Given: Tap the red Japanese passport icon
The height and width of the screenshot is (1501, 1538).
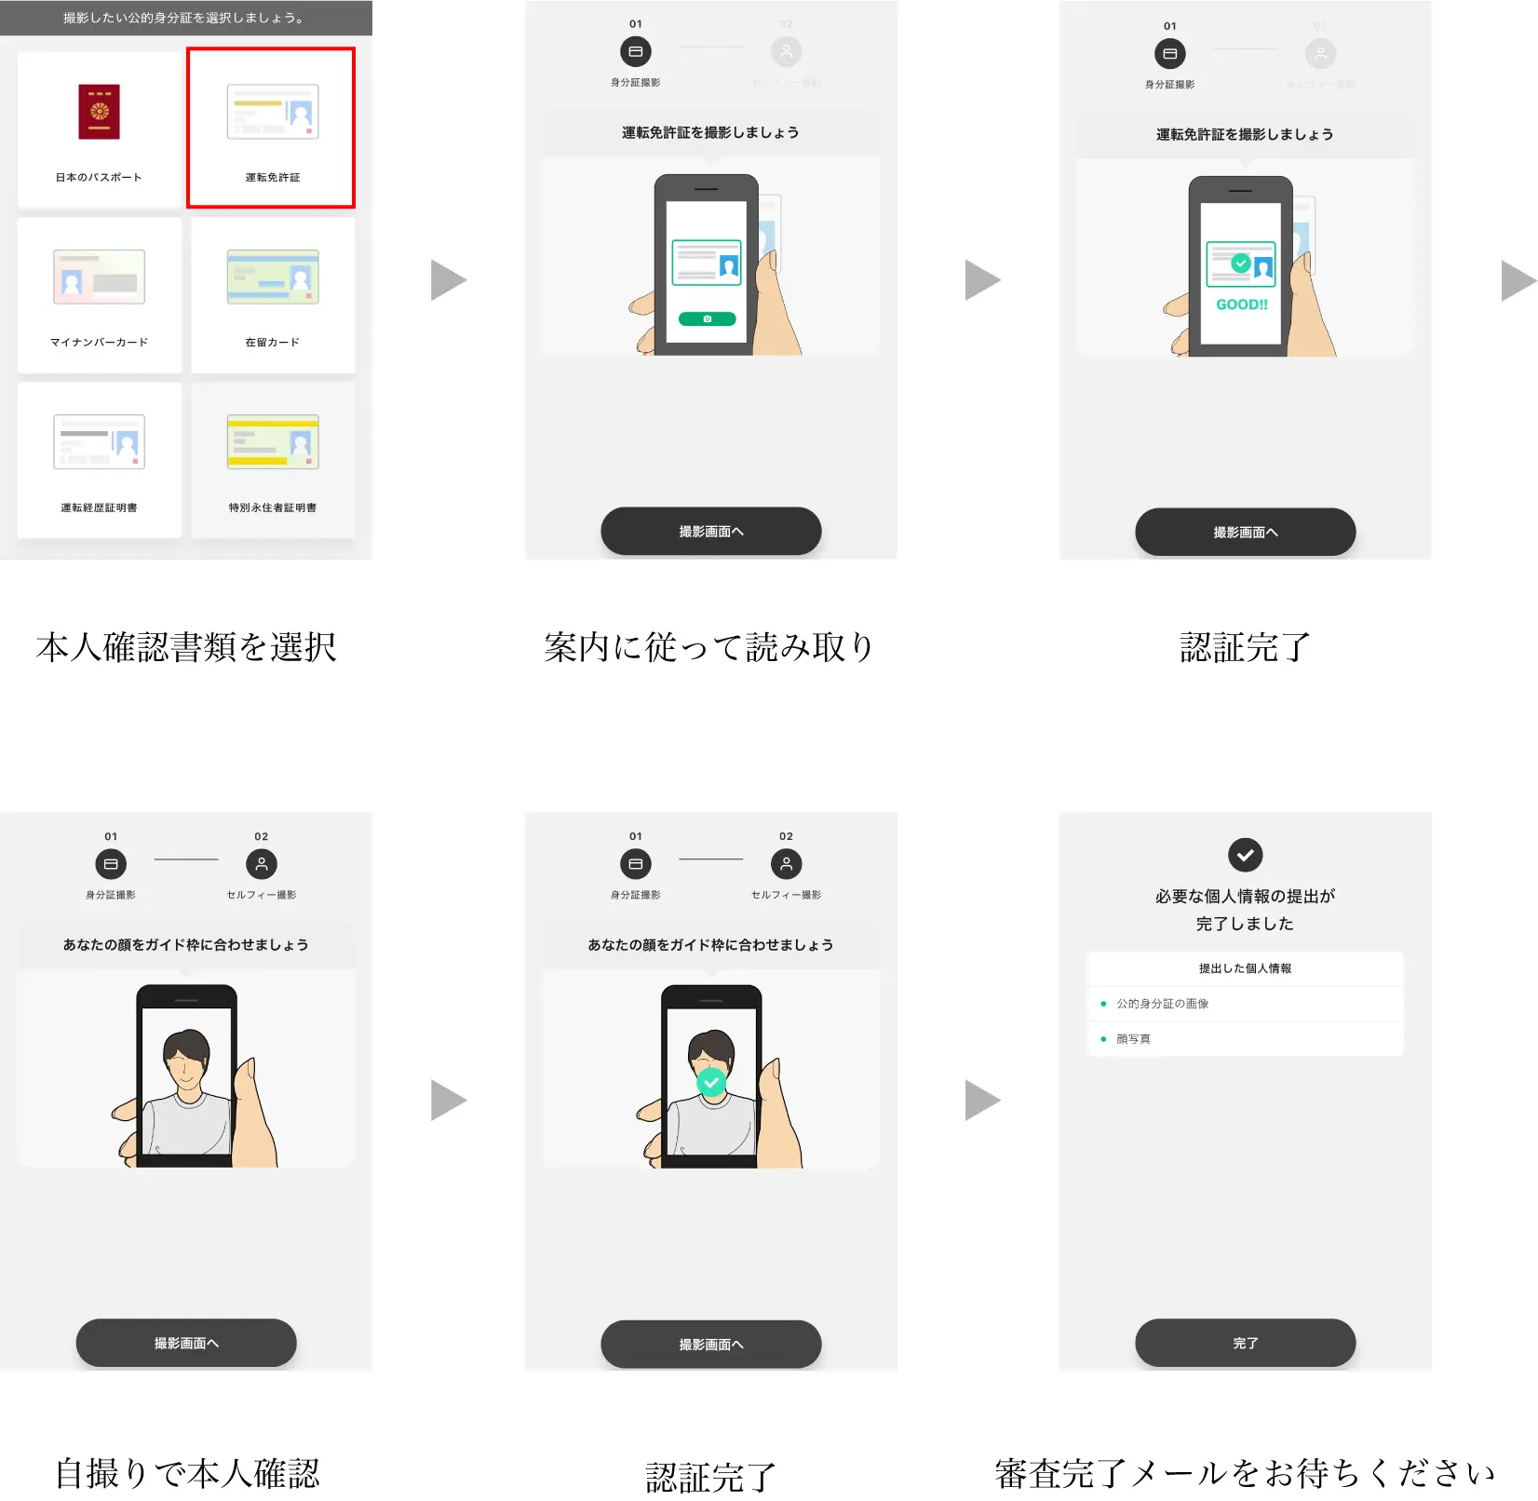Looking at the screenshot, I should click(x=99, y=112).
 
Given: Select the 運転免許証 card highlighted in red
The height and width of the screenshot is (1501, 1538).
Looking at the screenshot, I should click(x=271, y=128).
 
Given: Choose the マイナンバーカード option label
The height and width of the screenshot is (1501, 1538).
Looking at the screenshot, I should click(x=99, y=343).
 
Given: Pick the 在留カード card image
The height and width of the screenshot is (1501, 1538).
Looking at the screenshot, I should click(x=273, y=277).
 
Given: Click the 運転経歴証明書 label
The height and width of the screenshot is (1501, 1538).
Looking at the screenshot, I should click(x=99, y=507).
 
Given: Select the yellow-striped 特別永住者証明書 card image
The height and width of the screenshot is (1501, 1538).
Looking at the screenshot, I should click(x=273, y=441).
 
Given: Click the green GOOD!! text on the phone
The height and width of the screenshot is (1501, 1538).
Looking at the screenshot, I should click(x=1242, y=304).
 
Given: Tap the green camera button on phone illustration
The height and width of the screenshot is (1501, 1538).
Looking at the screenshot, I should click(x=707, y=319).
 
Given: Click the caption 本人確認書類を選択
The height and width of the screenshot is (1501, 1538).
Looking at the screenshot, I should click(x=186, y=647).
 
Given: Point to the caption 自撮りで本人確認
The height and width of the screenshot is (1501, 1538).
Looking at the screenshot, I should click(x=186, y=1473).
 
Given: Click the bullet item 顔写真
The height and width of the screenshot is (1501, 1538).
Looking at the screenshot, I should click(x=1133, y=1039).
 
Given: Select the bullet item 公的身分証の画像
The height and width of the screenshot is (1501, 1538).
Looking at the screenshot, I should click(x=1162, y=1004).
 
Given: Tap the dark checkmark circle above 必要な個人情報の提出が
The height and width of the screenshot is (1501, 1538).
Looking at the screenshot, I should click(x=1245, y=855).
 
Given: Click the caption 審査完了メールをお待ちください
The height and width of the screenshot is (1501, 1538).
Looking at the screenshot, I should click(x=1245, y=1473).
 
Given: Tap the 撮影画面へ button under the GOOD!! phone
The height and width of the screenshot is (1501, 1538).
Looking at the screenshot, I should click(x=1245, y=533).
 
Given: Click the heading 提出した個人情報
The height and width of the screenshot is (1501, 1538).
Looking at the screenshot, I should click(x=1245, y=968).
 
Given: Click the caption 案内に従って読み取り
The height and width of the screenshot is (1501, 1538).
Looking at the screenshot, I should click(x=709, y=647).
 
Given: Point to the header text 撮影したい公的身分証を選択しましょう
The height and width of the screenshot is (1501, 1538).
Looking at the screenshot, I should click(x=184, y=18).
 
